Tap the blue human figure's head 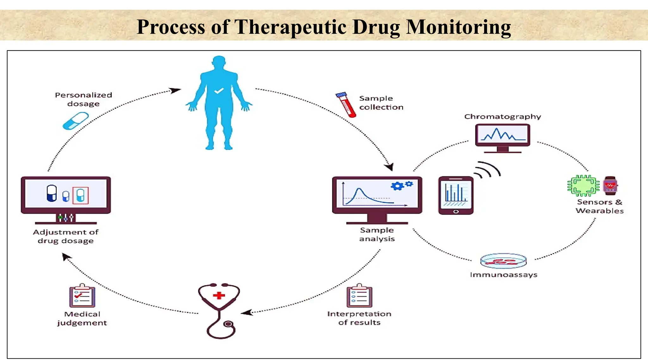point(219,63)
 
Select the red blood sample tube point(346,105)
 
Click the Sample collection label point(381,103)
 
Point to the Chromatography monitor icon point(502,136)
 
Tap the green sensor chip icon point(583,185)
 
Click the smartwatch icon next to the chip point(610,185)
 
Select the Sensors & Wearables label point(599,206)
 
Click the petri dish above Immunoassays point(503,261)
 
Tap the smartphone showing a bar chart point(456,195)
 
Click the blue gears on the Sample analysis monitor point(401,185)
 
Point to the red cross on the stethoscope point(219,295)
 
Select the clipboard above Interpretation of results point(359,296)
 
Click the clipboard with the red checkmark point(82,296)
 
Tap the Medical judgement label point(82,318)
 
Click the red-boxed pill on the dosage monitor point(80,195)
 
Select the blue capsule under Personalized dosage point(76,121)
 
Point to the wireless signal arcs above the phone point(488,170)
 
